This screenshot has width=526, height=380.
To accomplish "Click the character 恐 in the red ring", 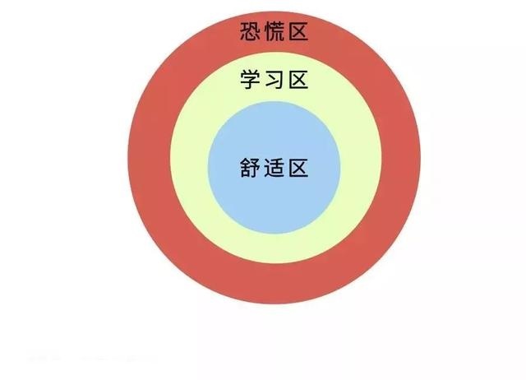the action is [250, 31].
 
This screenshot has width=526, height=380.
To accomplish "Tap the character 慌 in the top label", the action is [275, 31].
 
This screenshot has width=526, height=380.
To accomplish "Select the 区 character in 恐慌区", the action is [298, 31].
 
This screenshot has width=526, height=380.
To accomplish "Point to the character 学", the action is [250, 80].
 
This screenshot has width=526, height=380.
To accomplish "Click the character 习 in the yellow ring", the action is [275, 80].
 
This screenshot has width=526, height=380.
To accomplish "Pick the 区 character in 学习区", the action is [298, 80].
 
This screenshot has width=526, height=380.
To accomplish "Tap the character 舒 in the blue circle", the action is [250, 167].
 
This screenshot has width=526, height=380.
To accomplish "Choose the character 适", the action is [275, 167].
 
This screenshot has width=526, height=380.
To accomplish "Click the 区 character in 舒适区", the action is [298, 167].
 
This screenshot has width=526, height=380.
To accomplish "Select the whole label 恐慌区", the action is [274, 31].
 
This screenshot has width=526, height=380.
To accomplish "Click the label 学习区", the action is [274, 80].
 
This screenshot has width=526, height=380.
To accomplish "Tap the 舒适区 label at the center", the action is [274, 167].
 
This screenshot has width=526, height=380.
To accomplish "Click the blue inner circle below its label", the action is [274, 205].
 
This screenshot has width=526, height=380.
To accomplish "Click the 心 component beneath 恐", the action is [250, 37].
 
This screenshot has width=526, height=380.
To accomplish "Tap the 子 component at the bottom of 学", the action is [250, 84].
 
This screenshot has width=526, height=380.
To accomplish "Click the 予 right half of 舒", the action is [256, 167].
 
